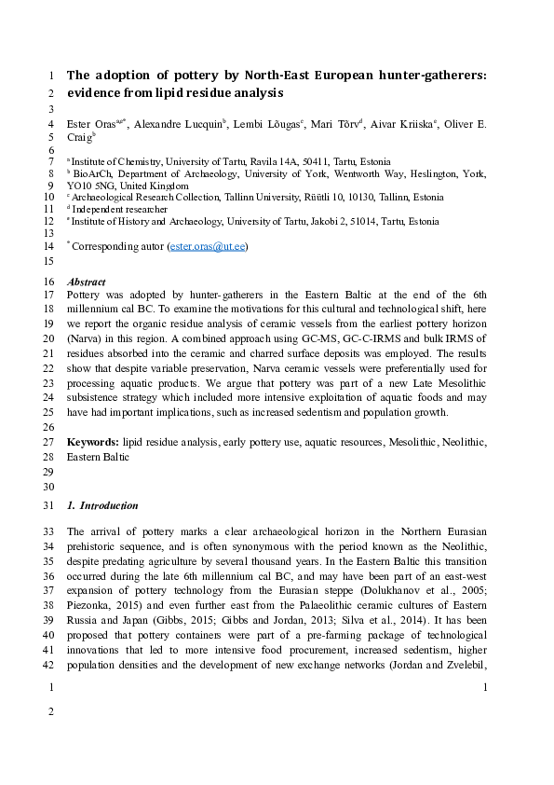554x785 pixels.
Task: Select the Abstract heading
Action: click(x=87, y=282)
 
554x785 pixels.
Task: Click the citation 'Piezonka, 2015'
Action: click(x=102, y=578)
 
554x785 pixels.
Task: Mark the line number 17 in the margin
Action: click(x=49, y=294)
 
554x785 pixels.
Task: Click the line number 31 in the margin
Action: click(x=49, y=506)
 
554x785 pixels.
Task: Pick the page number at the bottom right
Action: click(x=486, y=688)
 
